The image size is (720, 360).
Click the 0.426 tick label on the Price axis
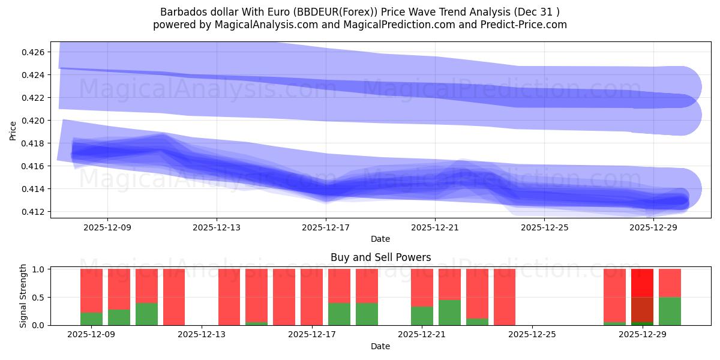point(34,52)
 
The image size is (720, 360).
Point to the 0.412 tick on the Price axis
point(34,212)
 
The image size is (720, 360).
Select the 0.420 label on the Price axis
point(34,121)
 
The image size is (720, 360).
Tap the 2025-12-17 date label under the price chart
point(326,227)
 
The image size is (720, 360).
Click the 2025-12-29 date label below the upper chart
point(653,227)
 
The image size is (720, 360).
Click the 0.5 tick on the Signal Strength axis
point(39,298)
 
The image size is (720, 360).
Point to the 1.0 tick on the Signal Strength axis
point(39,269)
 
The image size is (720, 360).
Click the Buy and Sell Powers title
point(380,257)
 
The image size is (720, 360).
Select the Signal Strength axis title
point(23,296)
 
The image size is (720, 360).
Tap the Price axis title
point(13,130)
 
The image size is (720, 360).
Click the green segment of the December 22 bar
point(449,313)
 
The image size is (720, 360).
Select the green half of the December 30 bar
point(670,311)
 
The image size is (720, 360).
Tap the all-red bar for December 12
point(174,297)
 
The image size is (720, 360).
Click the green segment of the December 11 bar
point(146,314)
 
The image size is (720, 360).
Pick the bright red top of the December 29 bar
point(642,283)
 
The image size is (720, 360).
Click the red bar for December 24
point(505,297)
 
